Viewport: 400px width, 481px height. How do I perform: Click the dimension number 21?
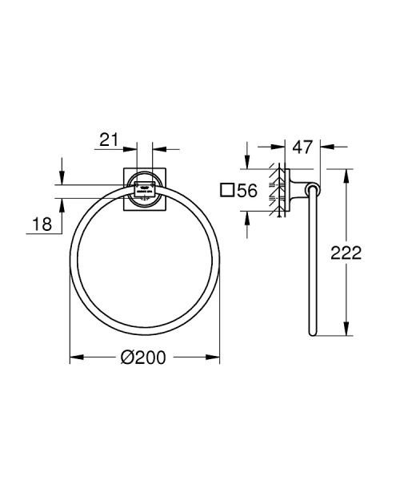[109, 140]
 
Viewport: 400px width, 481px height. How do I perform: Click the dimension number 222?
[346, 253]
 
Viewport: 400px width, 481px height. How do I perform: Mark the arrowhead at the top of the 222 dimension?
[346, 172]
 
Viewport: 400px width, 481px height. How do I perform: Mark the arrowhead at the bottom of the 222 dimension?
[346, 330]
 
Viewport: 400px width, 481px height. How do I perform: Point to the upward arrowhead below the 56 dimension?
[247, 213]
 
